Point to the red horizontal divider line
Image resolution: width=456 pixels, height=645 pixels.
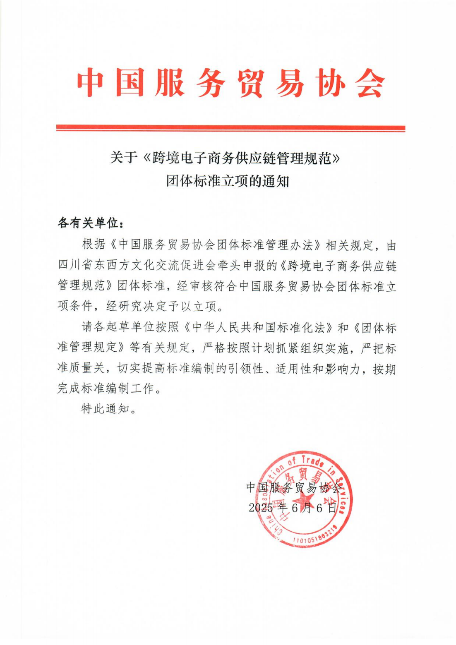(230, 128)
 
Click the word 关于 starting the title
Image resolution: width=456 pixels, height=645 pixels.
(123, 158)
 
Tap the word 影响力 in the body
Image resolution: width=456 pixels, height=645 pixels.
(342, 368)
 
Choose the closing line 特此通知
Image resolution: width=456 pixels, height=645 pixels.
(106, 409)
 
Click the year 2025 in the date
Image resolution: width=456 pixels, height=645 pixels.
(261, 508)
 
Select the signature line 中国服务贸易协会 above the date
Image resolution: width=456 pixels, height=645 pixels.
(294, 487)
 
